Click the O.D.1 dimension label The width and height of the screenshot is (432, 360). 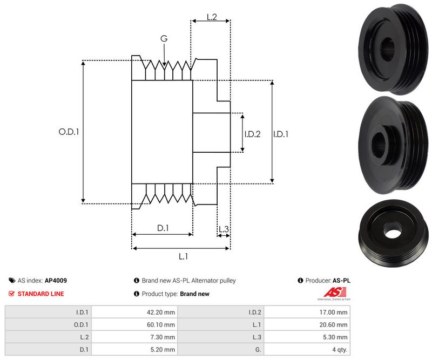pos(69,131)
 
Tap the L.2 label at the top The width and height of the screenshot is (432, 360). pos(211,17)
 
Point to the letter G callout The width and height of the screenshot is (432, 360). pos(164,38)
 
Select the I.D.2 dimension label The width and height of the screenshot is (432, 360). pos(252,134)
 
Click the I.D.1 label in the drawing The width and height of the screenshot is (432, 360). pos(281,134)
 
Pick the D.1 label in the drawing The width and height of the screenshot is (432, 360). pos(163,228)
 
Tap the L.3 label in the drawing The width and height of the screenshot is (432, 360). pos(224,229)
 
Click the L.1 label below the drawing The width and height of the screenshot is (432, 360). pos(183,256)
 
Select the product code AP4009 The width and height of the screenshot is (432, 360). pos(56,281)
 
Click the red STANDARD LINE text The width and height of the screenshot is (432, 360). pos(40,294)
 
